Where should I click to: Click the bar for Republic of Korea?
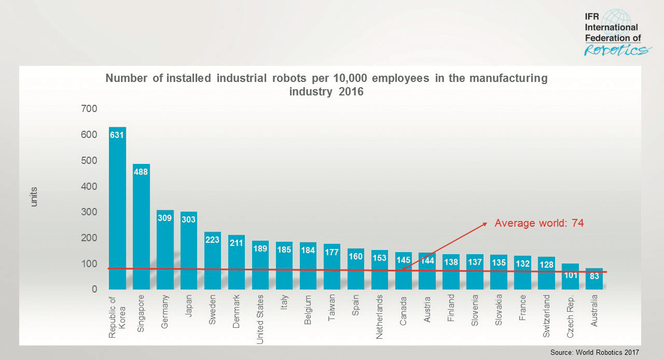pyautogui.click(x=117, y=207)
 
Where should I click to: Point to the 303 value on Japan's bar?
pyautogui.click(x=189, y=219)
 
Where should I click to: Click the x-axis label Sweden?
pyautogui.click(x=213, y=310)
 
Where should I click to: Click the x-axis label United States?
pyautogui.click(x=260, y=319)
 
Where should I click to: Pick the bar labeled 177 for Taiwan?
pyautogui.click(x=332, y=267)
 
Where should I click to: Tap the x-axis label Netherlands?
pyautogui.click(x=380, y=317)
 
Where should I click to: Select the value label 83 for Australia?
pyautogui.click(x=594, y=276)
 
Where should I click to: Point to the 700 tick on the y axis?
pyautogui.click(x=89, y=109)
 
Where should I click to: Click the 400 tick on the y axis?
pyautogui.click(x=89, y=186)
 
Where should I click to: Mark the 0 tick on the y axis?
pyautogui.click(x=94, y=289)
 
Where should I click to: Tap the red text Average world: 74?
pyautogui.click(x=539, y=223)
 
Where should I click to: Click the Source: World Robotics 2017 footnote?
pyautogui.click(x=594, y=352)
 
